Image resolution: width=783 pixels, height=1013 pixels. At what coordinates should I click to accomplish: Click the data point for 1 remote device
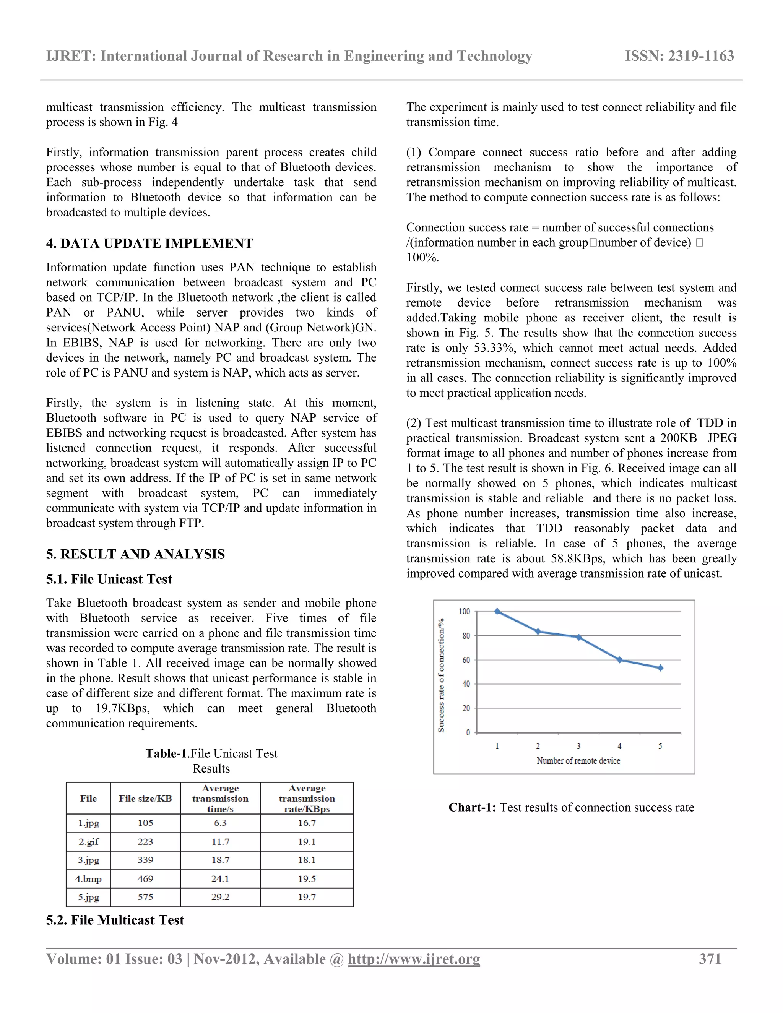(x=497, y=611)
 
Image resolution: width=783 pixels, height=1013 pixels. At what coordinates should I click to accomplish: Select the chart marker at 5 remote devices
(x=660, y=668)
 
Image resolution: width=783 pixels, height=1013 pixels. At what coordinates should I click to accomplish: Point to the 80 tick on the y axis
(x=466, y=636)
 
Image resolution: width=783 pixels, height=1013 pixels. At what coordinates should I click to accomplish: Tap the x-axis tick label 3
(x=578, y=746)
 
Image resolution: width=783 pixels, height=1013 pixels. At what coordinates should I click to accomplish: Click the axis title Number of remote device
(x=578, y=761)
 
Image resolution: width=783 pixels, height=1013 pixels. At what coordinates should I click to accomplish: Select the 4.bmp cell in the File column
(x=88, y=878)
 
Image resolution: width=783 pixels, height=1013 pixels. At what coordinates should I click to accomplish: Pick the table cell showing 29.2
(x=220, y=897)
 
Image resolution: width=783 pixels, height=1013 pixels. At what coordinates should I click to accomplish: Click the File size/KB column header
(x=145, y=798)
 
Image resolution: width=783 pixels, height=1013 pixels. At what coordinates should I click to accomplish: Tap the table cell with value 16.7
(x=307, y=823)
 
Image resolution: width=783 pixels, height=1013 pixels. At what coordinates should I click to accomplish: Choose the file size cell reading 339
(x=145, y=860)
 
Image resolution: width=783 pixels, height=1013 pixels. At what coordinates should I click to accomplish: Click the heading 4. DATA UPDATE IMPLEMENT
(x=149, y=244)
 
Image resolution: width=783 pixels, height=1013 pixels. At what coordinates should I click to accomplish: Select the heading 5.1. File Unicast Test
(x=109, y=579)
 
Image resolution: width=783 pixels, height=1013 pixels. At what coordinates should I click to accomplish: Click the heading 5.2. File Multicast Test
(x=115, y=920)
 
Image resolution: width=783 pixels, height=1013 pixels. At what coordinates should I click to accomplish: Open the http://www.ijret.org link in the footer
(x=414, y=959)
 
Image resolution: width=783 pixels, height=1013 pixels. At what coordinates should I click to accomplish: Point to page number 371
(x=710, y=959)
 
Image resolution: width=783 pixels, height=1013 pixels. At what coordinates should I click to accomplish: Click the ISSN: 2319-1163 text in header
(x=679, y=56)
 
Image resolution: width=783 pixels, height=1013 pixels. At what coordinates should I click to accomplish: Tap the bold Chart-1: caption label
(x=472, y=807)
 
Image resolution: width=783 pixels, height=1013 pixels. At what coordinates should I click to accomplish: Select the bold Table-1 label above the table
(x=166, y=754)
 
